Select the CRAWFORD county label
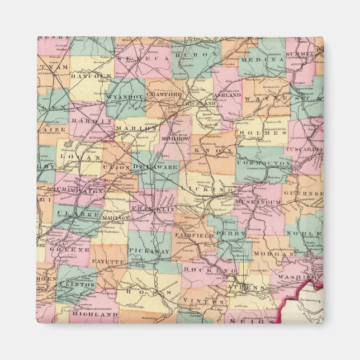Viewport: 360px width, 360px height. point(164,95)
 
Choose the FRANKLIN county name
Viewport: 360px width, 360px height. point(153,209)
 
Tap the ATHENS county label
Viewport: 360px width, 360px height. point(246,288)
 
